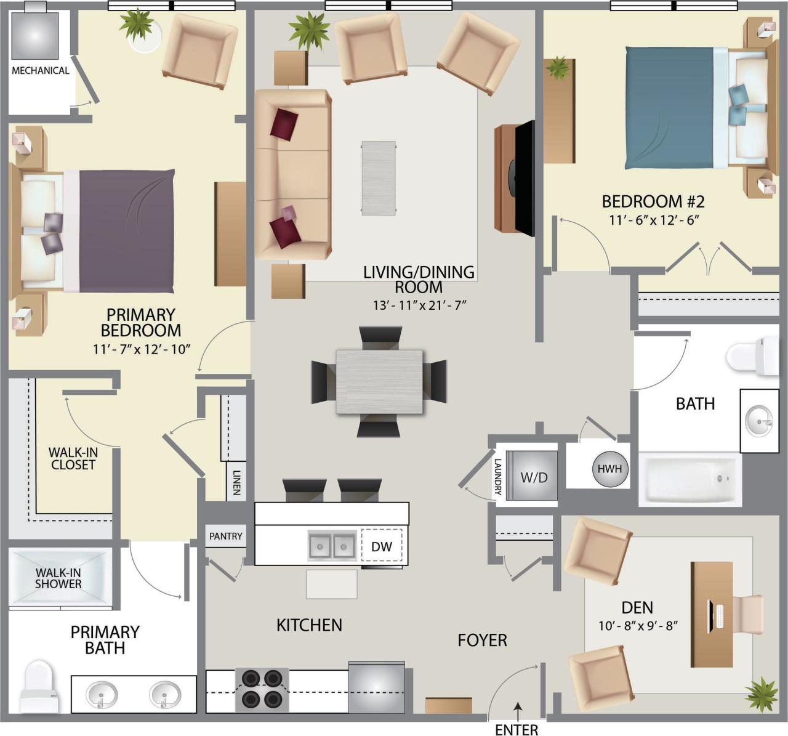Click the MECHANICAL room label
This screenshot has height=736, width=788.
[x=41, y=70]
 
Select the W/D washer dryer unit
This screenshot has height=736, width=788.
[x=534, y=477]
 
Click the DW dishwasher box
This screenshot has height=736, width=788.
[x=382, y=546]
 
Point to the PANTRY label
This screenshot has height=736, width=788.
[x=225, y=536]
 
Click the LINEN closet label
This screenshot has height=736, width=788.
[x=236, y=483]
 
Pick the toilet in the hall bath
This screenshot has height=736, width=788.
[x=752, y=356]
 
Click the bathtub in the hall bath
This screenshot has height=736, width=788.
[x=689, y=479]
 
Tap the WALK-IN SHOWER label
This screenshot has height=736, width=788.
[x=58, y=578]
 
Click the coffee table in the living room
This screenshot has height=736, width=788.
[x=379, y=178]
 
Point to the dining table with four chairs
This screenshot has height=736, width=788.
[x=379, y=382]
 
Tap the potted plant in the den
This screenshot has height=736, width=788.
[x=762, y=694]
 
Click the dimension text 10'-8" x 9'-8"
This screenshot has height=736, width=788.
[x=638, y=626]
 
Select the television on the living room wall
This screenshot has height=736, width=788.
[x=525, y=178]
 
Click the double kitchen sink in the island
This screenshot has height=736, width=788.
[x=332, y=545]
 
